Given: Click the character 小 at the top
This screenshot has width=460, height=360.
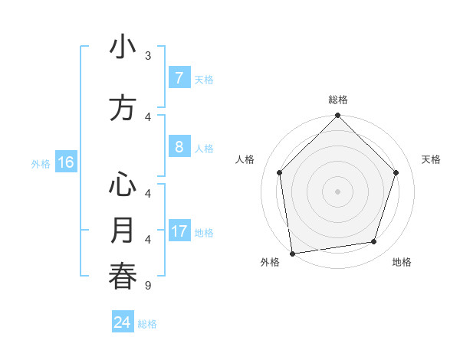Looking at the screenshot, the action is coord(123,48).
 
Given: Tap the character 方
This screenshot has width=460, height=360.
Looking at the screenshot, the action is coord(123,108).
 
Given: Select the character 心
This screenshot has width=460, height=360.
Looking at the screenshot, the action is coord(123,185).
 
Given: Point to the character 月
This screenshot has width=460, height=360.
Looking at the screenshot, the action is coord(123,230).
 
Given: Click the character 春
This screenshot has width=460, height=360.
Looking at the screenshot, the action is coord(123,277).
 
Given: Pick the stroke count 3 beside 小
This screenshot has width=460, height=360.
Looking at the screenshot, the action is coord(148,56).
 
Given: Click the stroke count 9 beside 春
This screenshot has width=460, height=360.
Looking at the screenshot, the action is coord(148,286).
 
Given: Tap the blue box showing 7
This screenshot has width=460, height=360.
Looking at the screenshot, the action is coord(179,78).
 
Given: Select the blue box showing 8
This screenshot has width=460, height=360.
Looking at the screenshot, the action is coord(179,147).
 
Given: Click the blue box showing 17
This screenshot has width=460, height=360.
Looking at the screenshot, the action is coord(179,231).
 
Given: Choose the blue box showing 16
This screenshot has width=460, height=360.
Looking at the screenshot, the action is coord(65,162).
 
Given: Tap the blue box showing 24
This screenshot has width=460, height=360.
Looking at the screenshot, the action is coord(123,322).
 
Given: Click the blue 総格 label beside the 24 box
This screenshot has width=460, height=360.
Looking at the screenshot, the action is coord(147,324).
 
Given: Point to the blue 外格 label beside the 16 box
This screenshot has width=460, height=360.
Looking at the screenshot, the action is coord(41,163).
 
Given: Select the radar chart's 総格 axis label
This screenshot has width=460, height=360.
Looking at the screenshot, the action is coord(338,100).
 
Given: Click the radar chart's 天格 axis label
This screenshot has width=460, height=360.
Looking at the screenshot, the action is coord(432,159).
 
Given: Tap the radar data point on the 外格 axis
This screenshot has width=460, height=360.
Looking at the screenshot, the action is coord(292,253).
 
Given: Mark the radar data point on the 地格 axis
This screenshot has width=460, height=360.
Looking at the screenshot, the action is coord(374,242).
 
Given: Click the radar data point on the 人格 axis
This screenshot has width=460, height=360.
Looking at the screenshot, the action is coord(280,172).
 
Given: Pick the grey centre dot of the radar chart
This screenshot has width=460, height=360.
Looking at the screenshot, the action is coord(338,191).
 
